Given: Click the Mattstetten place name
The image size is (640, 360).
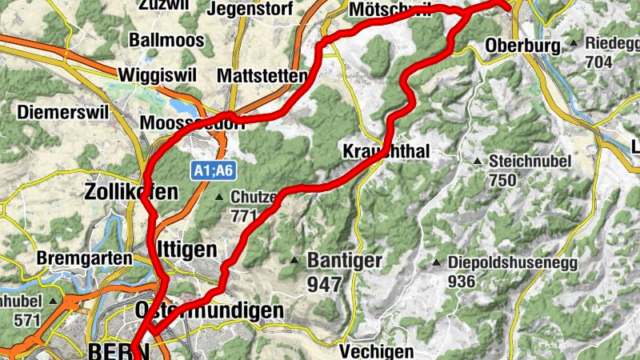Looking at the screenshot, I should point(262,77).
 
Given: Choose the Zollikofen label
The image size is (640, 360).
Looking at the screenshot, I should point(130,192).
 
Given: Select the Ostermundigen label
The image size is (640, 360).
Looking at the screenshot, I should point(210,310).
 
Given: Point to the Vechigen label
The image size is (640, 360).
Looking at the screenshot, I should point(376,350).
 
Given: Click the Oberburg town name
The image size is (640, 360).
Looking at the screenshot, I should point(522,46).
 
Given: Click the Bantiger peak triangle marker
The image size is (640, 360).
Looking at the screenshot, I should point(295,260).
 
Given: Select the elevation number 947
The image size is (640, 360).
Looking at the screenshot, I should point(324,283).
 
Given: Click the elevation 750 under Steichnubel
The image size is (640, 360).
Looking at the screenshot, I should point(502,180).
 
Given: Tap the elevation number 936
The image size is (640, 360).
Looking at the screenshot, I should point(462,282).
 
